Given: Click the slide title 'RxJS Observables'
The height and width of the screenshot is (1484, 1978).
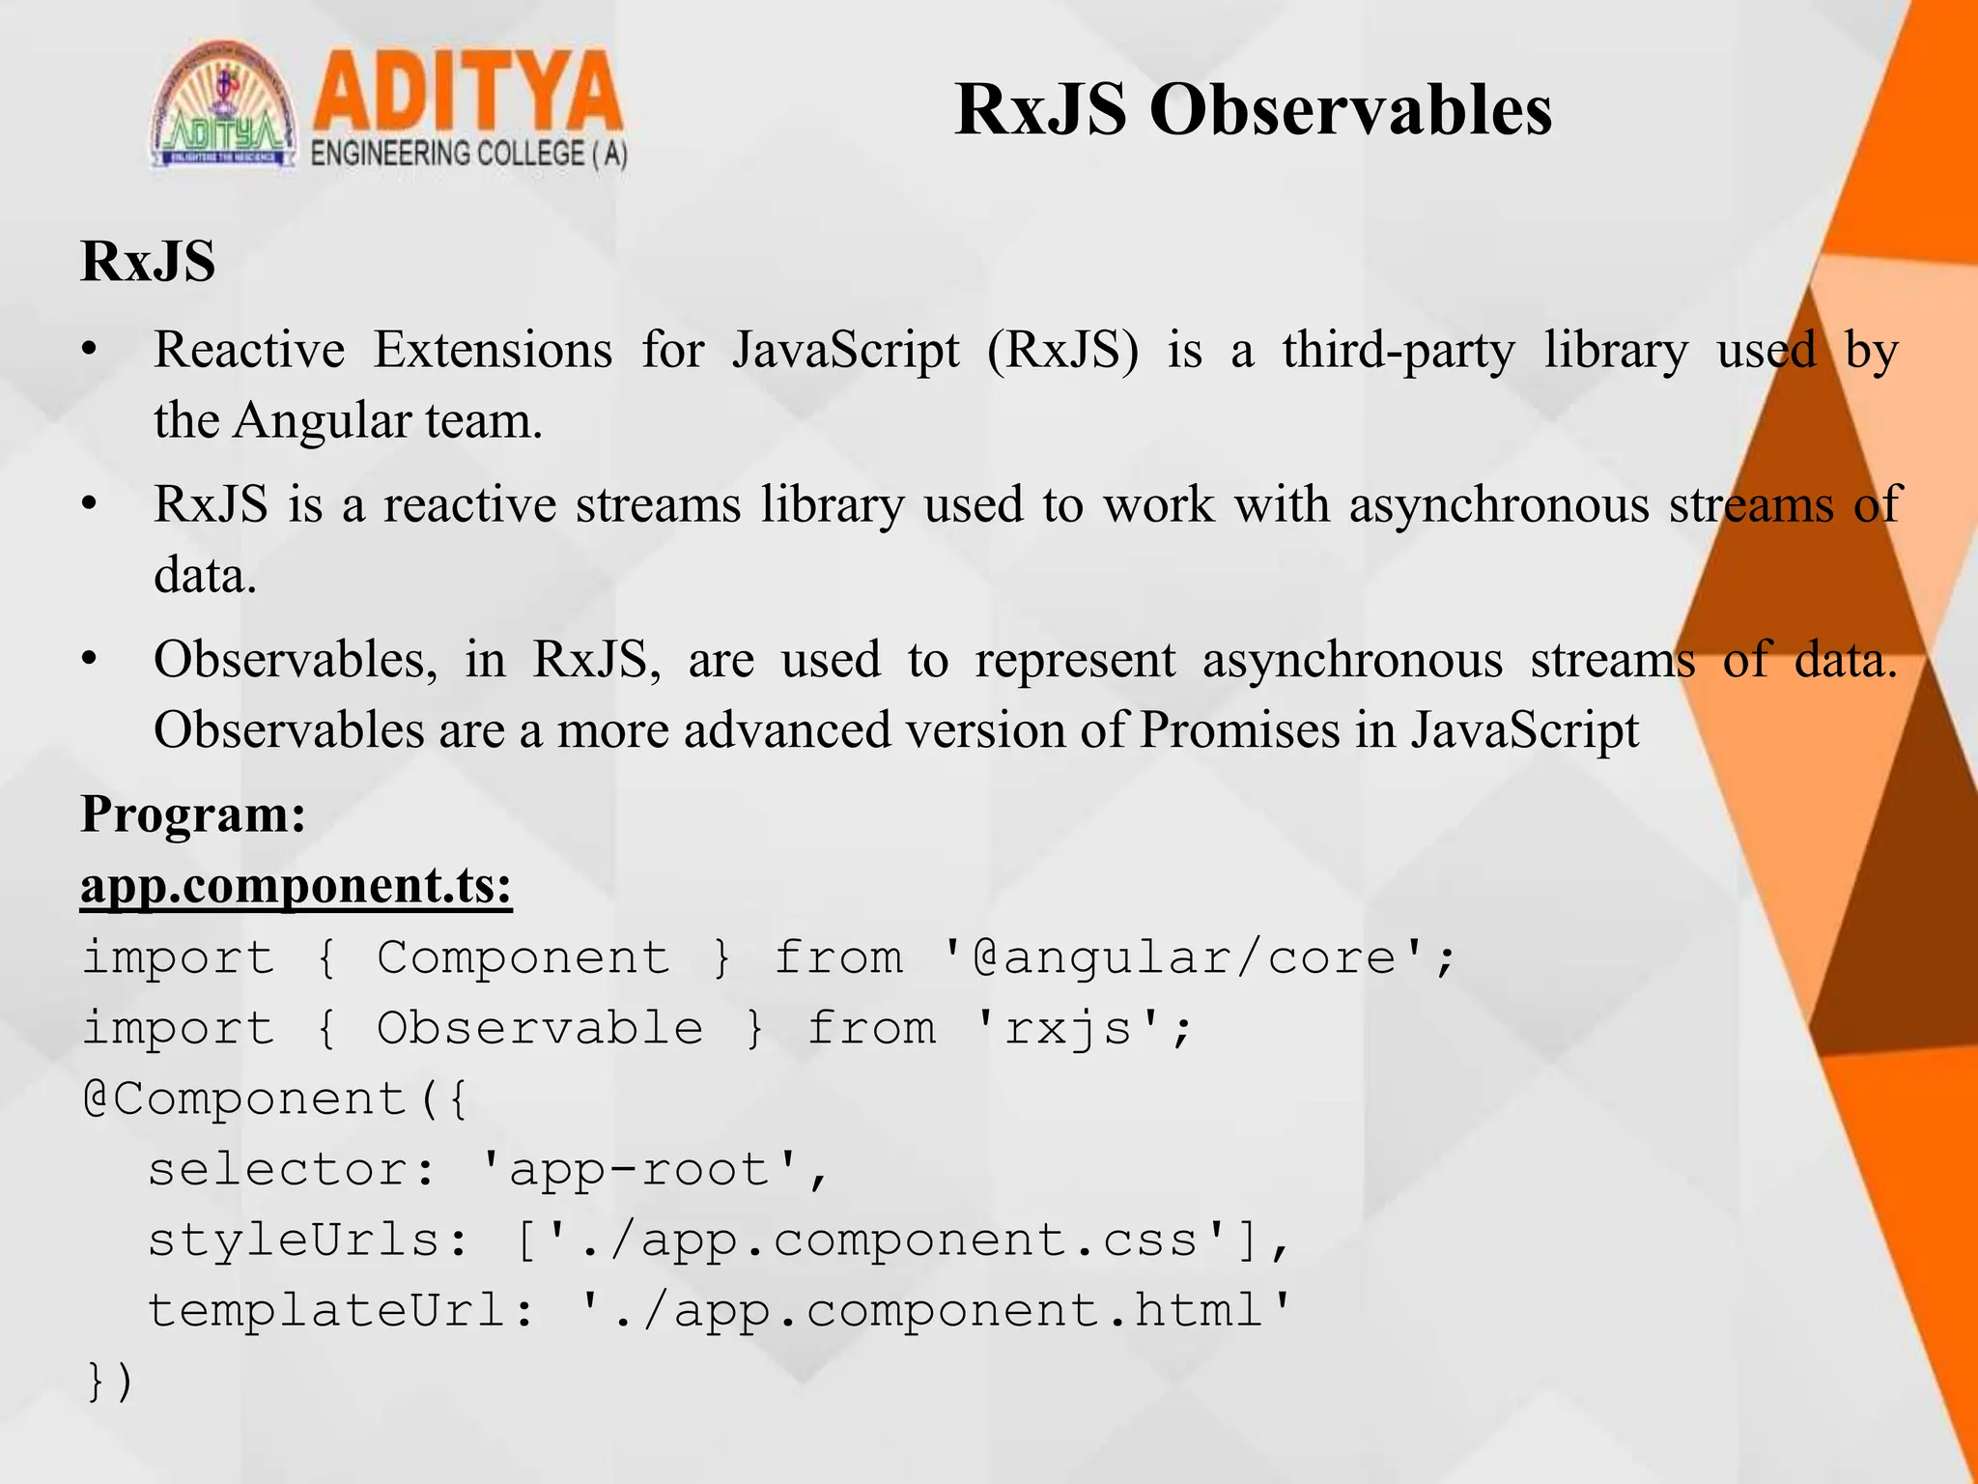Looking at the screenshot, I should pyautogui.click(x=1253, y=109).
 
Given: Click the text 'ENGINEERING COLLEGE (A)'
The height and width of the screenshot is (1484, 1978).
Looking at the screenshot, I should pyautogui.click(x=469, y=154).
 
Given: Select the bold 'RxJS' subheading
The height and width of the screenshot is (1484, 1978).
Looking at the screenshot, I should pyautogui.click(x=148, y=261).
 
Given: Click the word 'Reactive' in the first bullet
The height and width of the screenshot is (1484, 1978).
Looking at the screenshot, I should pyautogui.click(x=249, y=349).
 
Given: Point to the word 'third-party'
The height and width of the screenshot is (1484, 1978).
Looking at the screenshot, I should pyautogui.click(x=1399, y=351).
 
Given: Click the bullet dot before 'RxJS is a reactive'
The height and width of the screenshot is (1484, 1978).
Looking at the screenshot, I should pyautogui.click(x=90, y=504).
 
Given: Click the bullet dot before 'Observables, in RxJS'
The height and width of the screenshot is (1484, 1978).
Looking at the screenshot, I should pyautogui.click(x=90, y=660).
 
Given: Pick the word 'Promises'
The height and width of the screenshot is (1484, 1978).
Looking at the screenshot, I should pyautogui.click(x=1239, y=729).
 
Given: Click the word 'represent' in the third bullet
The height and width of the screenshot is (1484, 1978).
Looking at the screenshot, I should pyautogui.click(x=1075, y=661).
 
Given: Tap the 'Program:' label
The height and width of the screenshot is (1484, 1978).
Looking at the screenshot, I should pyautogui.click(x=193, y=813).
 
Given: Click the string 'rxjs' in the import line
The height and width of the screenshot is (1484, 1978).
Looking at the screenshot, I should pyautogui.click(x=1068, y=1028).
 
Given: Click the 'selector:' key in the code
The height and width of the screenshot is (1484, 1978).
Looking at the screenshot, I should pyautogui.click(x=293, y=1170).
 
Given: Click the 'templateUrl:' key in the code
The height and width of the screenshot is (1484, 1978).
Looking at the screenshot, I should pyautogui.click(x=341, y=1311).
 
